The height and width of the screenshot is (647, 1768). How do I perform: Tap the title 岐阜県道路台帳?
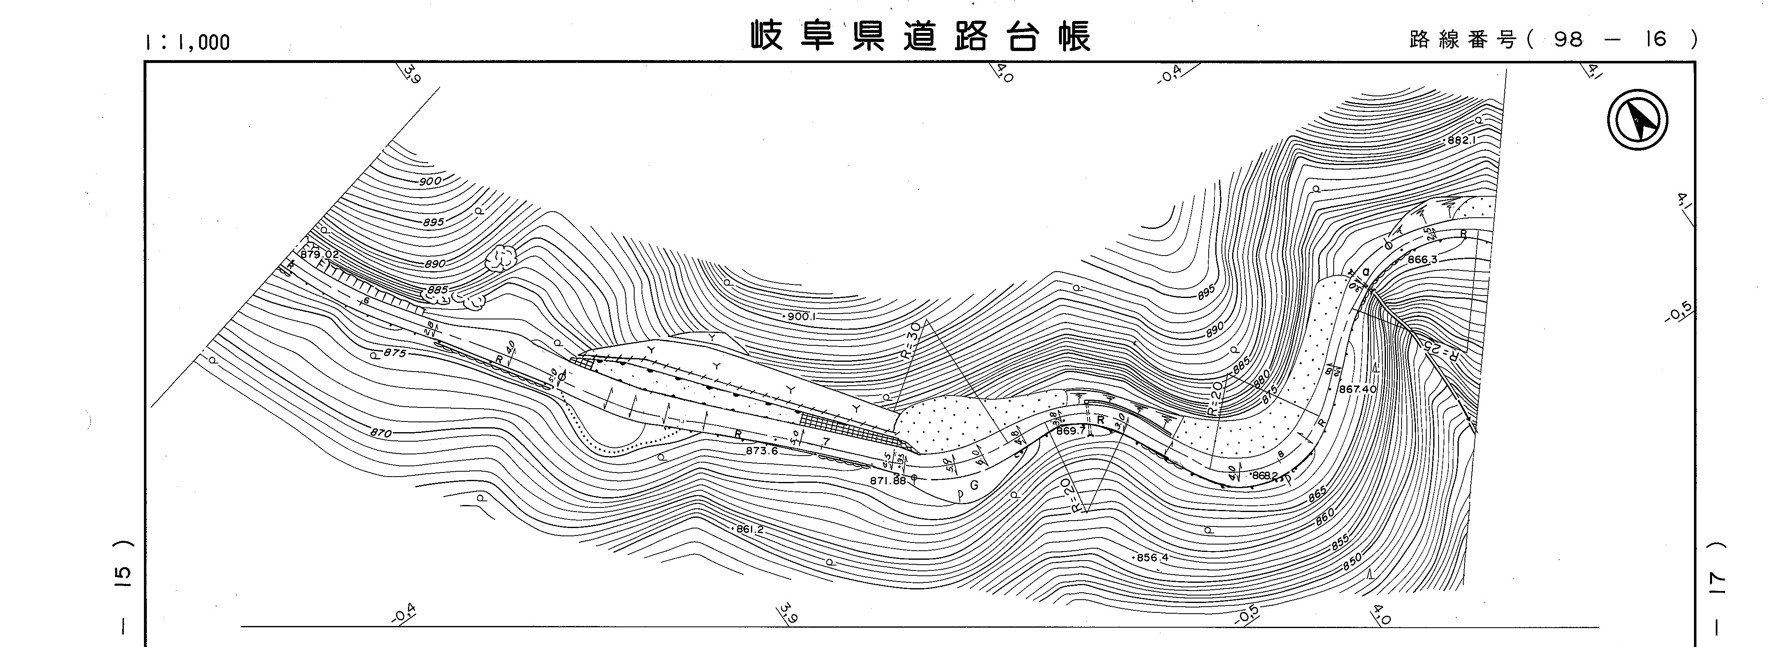click(x=920, y=36)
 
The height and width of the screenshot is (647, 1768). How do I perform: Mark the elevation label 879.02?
click(x=320, y=254)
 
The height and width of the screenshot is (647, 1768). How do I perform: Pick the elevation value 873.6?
click(x=762, y=451)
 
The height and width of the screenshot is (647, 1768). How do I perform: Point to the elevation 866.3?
click(x=1421, y=260)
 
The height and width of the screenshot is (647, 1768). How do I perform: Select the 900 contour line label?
click(x=430, y=182)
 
